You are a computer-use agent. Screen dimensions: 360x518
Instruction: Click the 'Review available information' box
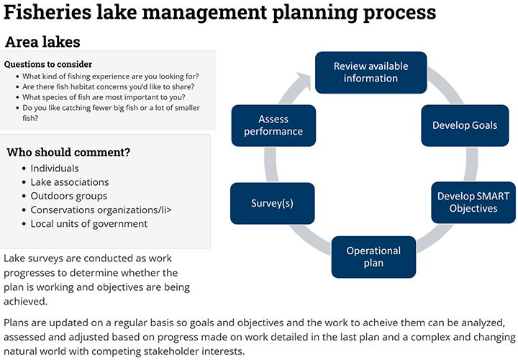point(371,72)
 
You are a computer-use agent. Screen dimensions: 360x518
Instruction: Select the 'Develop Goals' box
point(464,125)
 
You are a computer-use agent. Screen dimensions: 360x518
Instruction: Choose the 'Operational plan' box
point(373,257)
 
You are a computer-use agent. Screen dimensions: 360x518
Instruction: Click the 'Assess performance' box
point(273,125)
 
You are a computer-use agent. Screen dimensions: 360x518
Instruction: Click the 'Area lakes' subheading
point(42,42)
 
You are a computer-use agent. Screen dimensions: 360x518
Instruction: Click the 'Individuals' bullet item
point(55,168)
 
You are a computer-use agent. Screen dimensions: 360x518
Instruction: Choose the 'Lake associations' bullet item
point(70,182)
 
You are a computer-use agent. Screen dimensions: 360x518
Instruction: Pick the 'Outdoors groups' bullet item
point(68,196)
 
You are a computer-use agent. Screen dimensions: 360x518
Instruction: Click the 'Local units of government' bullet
point(88,224)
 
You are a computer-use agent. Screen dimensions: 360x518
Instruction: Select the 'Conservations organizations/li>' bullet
point(101,210)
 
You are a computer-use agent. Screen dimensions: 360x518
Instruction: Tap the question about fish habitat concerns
point(108,87)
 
